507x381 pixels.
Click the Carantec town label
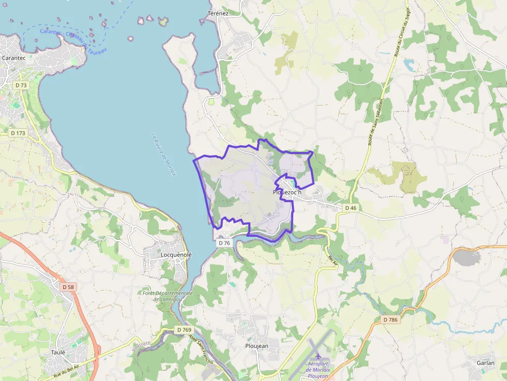(x=14, y=58)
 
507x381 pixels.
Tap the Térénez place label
(x=217, y=13)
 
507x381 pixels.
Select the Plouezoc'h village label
(x=287, y=192)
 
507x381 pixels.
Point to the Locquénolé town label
(x=169, y=255)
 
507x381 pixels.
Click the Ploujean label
(x=257, y=345)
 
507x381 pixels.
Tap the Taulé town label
(x=58, y=352)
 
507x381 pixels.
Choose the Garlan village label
(x=486, y=363)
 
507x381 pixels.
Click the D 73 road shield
(x=21, y=85)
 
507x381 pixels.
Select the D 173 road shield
(x=18, y=133)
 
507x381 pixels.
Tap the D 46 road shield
(x=350, y=207)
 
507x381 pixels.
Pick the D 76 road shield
(x=224, y=242)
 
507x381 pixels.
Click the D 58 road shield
(x=68, y=286)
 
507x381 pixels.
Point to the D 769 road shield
(x=184, y=329)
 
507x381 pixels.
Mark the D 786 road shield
(x=391, y=319)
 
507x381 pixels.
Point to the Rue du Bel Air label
(x=67, y=369)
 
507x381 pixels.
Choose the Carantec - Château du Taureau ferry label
(x=73, y=41)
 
